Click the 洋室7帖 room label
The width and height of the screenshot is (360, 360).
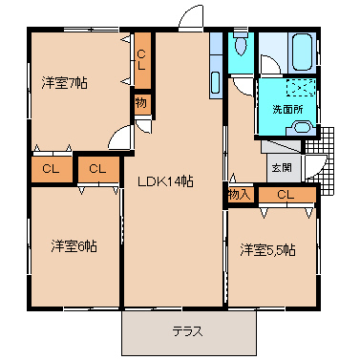(64, 83)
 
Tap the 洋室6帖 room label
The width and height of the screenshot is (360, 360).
(74, 246)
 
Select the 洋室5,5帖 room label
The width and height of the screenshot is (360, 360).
(268, 250)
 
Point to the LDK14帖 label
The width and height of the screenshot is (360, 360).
(165, 181)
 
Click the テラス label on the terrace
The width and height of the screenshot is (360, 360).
(188, 331)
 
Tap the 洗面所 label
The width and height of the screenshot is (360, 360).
(287, 110)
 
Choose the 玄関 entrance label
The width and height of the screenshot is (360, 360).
(282, 167)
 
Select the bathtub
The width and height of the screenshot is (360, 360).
(303, 52)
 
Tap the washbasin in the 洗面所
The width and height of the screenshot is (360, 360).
(301, 128)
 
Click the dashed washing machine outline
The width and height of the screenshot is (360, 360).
(301, 88)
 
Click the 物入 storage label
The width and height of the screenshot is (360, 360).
(239, 195)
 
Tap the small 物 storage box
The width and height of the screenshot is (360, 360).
(141, 103)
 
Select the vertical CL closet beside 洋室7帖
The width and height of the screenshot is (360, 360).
(142, 60)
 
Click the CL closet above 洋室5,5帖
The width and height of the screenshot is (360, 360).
(287, 195)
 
